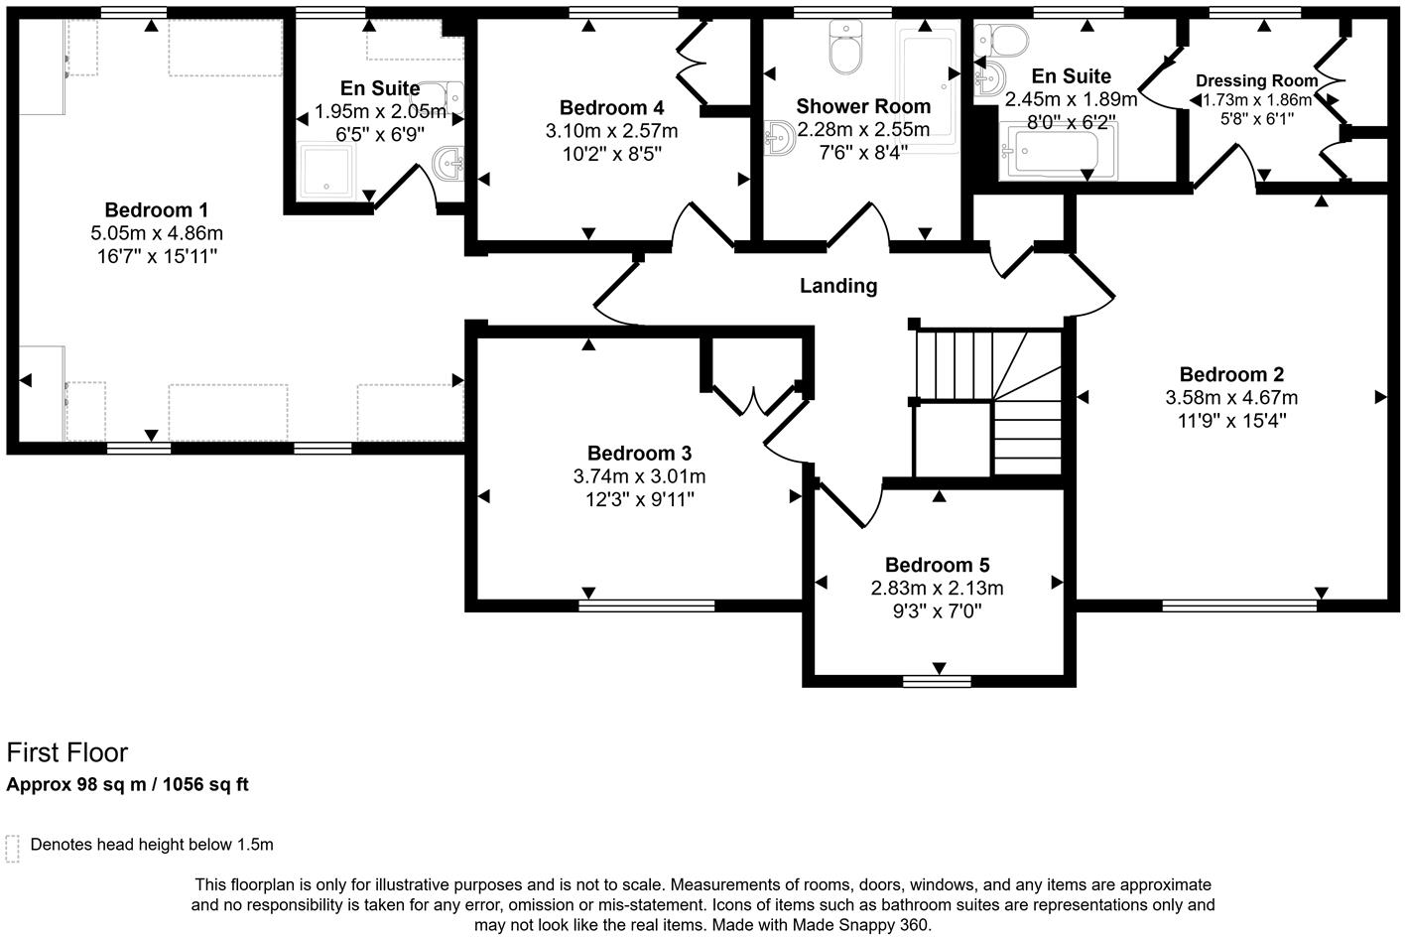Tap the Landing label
point(838,286)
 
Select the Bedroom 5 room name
point(937,565)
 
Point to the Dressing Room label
point(1256,81)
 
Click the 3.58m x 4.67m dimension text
point(1231,398)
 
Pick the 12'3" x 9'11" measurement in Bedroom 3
point(639,499)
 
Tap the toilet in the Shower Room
point(847,50)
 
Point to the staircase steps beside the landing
point(987,402)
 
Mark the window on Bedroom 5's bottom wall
point(937,681)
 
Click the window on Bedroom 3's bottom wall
point(647,604)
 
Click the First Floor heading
point(67,752)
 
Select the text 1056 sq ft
point(203,785)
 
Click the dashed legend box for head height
point(13,847)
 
